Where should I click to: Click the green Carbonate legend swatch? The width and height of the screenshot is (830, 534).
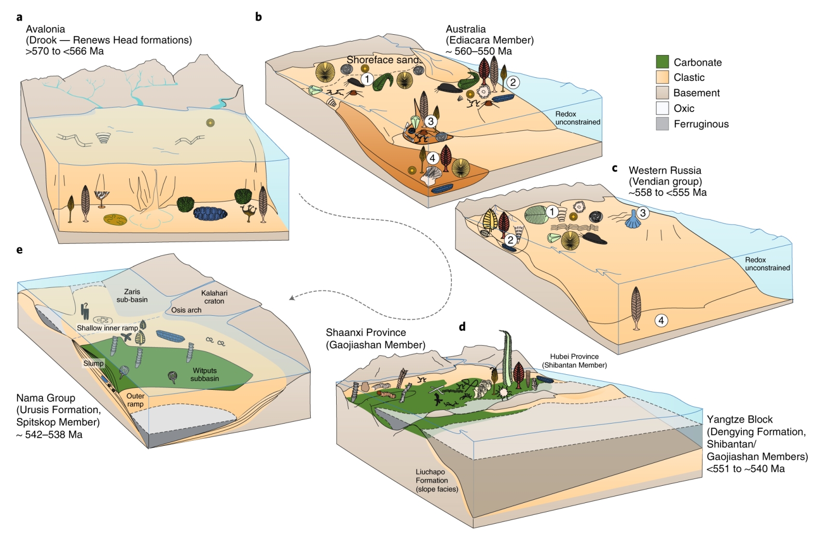pos(662,62)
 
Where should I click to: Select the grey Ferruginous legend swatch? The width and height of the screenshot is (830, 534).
pos(662,123)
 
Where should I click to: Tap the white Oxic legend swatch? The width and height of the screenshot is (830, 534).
pos(662,108)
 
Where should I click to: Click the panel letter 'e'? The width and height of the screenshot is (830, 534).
pos(20,250)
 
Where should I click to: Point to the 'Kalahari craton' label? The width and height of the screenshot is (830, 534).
pos(214,297)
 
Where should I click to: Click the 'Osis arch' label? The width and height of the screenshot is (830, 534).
pos(186,310)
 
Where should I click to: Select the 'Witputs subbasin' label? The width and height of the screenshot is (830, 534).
pos(204,374)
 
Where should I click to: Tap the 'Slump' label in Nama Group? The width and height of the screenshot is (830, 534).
pos(93,363)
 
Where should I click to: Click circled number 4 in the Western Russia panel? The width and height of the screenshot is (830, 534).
pos(661,320)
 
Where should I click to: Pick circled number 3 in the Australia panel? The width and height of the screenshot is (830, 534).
pos(431,121)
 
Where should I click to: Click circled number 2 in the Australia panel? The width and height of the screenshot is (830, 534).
pos(513,82)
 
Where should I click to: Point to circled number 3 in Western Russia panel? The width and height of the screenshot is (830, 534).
pos(643,213)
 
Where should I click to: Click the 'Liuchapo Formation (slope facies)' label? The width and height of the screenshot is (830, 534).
pos(436,480)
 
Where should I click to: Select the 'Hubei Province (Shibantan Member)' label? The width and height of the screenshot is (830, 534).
pos(574,360)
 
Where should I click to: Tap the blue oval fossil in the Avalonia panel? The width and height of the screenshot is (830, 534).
pos(210,213)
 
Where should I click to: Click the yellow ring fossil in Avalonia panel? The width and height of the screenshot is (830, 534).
pos(210,123)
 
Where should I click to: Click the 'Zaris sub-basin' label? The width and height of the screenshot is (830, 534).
pos(132,296)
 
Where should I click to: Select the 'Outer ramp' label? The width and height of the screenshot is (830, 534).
pos(135,400)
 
